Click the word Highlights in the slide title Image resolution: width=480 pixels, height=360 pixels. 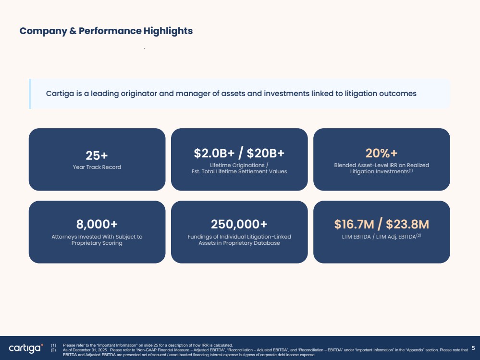(168, 31)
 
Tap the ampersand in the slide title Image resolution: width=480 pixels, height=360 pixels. (73, 31)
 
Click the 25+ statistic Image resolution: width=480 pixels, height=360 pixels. (97, 156)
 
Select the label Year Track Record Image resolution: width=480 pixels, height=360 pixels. (97, 167)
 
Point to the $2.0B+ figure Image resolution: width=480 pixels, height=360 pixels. (214, 153)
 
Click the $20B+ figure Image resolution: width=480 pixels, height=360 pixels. (265, 153)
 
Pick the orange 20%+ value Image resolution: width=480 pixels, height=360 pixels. (382, 153)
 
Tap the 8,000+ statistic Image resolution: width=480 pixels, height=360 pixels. (97, 224)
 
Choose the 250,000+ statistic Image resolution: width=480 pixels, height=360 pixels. (239, 224)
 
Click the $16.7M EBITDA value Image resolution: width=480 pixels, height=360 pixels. (354, 224)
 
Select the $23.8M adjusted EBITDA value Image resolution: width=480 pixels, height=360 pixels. (407, 224)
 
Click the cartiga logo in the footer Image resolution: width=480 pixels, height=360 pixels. (26, 348)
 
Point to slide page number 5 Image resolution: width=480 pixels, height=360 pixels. (473, 348)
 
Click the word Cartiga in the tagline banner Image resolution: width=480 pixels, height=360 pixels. (60, 94)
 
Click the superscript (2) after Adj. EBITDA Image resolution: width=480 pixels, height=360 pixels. (418, 235)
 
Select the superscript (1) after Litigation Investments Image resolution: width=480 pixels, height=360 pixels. (411, 171)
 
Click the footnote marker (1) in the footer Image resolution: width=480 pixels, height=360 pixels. (53, 345)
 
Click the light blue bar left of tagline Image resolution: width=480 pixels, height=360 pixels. (30, 94)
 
